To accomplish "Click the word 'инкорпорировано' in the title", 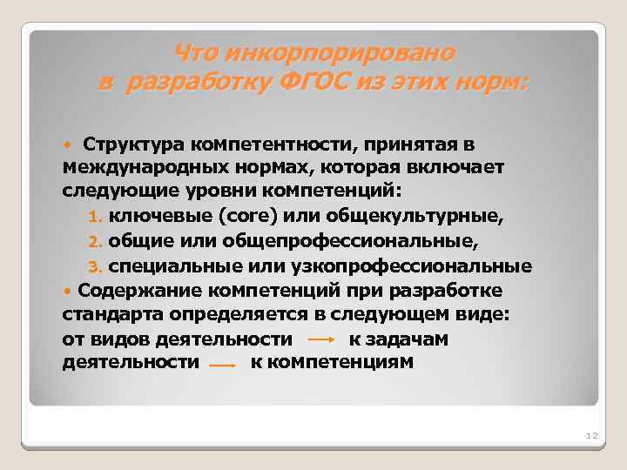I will (339, 53).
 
